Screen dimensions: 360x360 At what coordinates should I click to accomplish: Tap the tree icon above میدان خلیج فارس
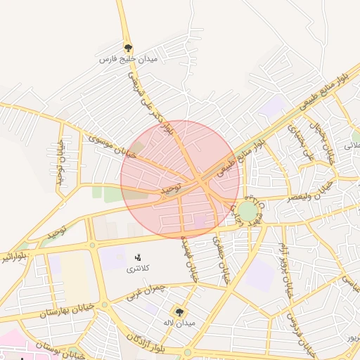[127, 48]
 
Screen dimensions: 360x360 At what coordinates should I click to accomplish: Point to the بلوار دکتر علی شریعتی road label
[152, 104]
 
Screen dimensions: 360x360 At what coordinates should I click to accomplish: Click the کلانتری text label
[137, 269]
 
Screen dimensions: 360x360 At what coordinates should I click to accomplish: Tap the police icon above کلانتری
[137, 257]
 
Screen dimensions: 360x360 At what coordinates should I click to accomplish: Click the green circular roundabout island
[247, 211]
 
